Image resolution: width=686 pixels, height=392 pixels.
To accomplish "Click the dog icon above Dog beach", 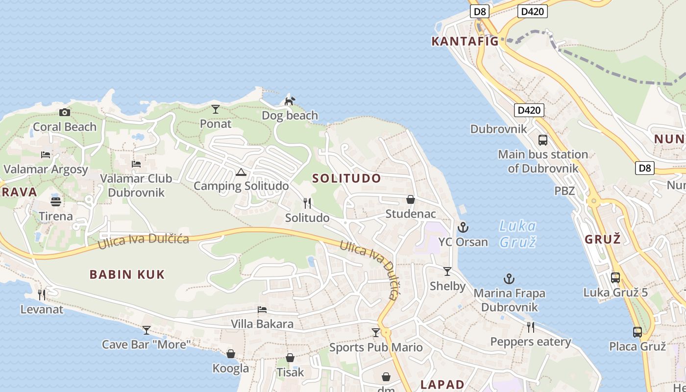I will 290,101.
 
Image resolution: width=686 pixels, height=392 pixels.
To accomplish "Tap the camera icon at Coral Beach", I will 64,113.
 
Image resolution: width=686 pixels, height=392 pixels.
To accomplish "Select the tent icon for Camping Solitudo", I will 241,172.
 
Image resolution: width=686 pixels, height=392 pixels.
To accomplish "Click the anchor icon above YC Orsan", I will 463,227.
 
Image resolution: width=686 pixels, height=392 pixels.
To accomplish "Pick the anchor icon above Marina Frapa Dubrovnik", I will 509,279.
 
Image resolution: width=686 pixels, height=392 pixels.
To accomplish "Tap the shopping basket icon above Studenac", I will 411,199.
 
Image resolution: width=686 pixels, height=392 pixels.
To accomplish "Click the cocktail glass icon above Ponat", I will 215,109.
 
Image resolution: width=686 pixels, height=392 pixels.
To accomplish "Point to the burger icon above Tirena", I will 55,201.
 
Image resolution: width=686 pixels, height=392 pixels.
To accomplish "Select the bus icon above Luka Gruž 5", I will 615,278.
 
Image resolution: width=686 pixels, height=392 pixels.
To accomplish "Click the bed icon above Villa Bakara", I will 262,310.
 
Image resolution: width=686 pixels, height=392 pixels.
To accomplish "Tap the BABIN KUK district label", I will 127,274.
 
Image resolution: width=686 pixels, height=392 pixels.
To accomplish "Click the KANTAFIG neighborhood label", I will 465,42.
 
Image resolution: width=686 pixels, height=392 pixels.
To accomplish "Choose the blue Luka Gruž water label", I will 517,234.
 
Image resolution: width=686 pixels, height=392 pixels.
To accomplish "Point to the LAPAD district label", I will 442,385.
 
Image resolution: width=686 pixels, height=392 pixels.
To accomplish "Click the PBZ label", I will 564,191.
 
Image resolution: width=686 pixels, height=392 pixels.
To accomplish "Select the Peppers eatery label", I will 531,342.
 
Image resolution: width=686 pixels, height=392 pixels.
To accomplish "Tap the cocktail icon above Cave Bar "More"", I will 146,330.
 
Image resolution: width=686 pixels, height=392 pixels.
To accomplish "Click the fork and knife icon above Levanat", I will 42,294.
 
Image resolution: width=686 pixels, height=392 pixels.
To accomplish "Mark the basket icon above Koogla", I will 230,353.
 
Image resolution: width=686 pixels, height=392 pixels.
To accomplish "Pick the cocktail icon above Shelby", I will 447,271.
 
